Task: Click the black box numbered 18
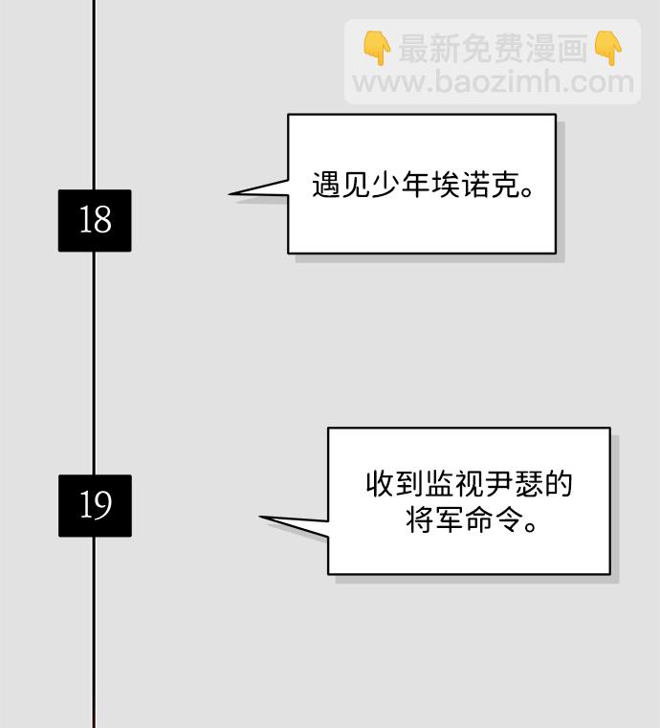pyautogui.click(x=95, y=221)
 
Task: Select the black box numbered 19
pyautogui.click(x=95, y=505)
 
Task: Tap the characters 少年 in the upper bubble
pyautogui.click(x=385, y=185)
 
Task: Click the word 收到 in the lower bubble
pyautogui.click(x=392, y=484)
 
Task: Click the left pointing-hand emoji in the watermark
pyautogui.click(x=377, y=47)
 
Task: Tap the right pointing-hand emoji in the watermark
pyautogui.click(x=607, y=47)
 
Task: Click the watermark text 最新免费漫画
pyautogui.click(x=492, y=48)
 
